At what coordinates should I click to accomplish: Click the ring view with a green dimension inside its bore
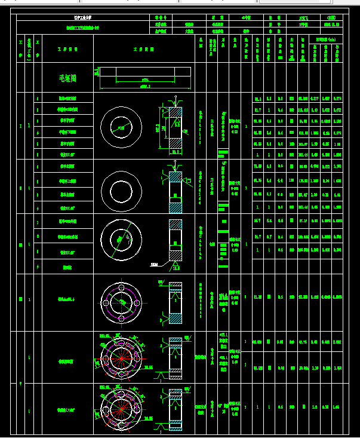coord(121,127)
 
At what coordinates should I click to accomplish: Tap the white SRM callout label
coord(154,264)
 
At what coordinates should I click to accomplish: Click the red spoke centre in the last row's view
coord(121,411)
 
